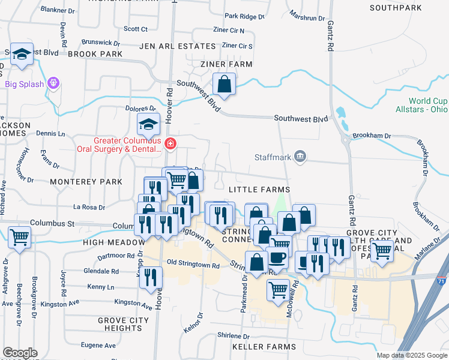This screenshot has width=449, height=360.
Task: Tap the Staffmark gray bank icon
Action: point(301,157)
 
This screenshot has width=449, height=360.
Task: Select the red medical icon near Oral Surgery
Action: point(170,143)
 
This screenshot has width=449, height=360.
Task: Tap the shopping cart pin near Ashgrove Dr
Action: point(20,238)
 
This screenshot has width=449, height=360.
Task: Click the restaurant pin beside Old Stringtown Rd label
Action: point(151,277)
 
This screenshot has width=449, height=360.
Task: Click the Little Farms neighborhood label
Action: point(259,190)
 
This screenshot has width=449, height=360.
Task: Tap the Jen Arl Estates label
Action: point(177,46)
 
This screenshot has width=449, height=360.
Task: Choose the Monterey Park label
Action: point(86,181)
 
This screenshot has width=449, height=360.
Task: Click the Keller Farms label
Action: point(265,347)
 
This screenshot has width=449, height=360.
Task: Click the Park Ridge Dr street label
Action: point(244,17)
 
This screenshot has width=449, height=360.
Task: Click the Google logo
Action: point(20,353)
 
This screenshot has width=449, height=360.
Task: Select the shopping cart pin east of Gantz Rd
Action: point(382,251)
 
